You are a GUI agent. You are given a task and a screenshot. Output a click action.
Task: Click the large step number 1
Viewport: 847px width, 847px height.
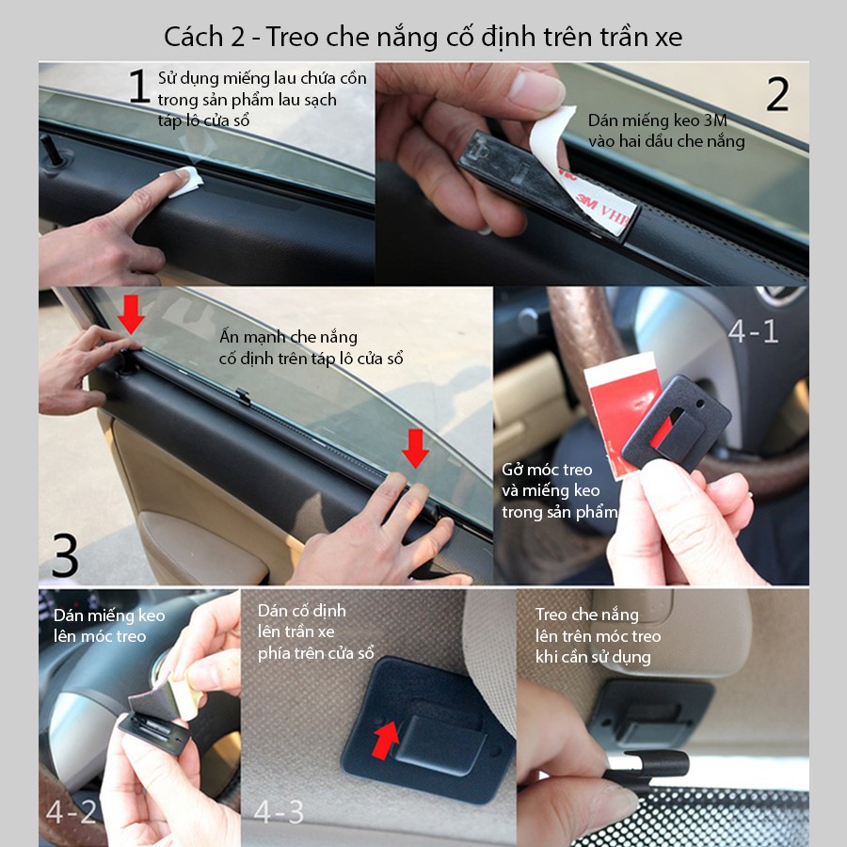tap(139, 86)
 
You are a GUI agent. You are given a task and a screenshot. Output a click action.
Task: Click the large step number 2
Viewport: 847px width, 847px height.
tap(777, 94)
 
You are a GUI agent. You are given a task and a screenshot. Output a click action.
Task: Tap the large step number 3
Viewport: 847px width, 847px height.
tap(65, 554)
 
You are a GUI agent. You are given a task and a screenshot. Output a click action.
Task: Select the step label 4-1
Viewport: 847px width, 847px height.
tap(753, 331)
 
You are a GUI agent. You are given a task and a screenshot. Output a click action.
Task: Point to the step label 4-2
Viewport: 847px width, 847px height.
tap(72, 811)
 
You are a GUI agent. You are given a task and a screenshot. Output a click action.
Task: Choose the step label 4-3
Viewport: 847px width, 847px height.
tap(279, 811)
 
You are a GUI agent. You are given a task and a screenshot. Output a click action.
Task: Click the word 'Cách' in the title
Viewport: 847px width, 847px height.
tap(193, 37)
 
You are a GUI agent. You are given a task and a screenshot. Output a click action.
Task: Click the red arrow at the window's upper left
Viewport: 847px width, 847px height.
tap(131, 314)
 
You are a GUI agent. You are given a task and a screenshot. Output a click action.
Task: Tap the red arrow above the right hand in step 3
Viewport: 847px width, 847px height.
tap(415, 448)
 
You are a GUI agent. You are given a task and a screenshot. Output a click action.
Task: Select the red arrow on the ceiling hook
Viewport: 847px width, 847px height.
tap(386, 740)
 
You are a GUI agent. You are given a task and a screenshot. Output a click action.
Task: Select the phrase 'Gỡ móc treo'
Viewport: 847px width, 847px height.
tap(547, 470)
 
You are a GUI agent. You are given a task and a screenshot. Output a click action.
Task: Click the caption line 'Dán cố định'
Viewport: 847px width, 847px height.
tap(301, 611)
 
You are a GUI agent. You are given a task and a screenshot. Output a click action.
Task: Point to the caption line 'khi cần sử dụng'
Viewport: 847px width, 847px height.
tap(593, 657)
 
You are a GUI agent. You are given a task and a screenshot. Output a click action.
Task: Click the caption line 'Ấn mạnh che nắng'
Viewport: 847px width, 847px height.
tap(288, 337)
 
